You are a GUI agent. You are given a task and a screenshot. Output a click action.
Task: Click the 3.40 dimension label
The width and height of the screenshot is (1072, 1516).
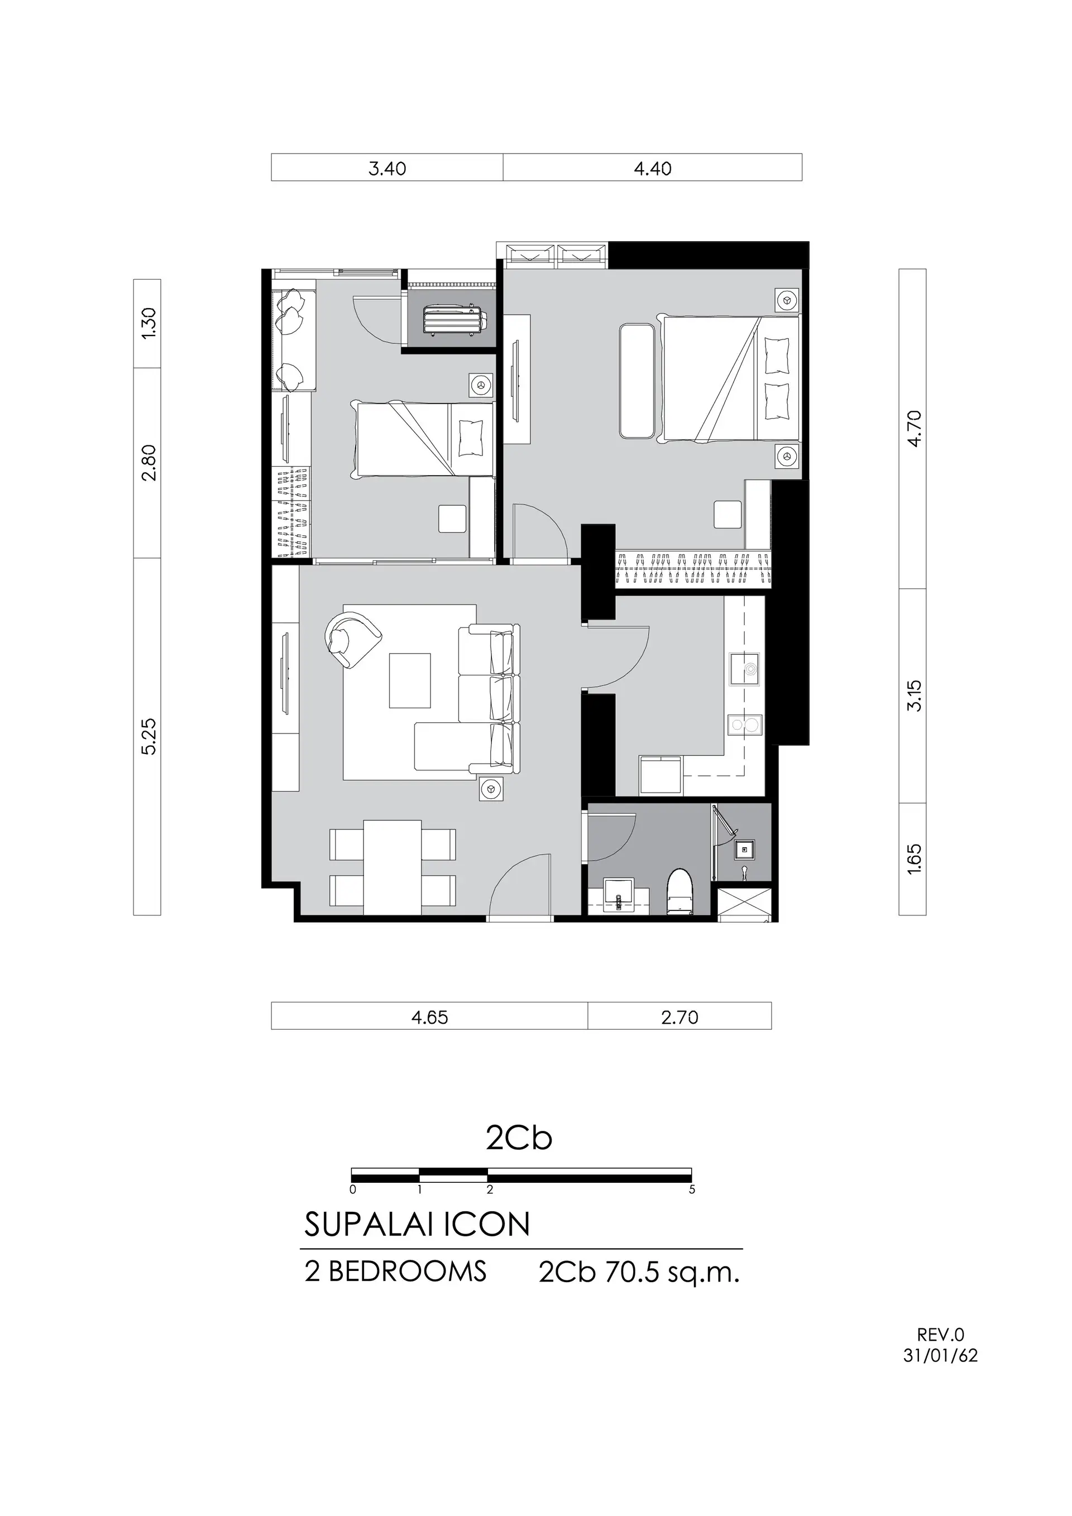[x=387, y=169]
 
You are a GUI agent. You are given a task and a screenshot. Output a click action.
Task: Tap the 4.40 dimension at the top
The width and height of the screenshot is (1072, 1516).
[x=653, y=169]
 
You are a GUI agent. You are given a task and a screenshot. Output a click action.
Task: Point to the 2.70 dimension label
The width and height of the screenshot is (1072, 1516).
[x=679, y=1018]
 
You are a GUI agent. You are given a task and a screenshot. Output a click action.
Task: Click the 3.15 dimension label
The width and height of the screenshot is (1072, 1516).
[x=914, y=696]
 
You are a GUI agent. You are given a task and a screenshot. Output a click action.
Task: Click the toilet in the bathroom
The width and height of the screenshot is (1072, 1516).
[x=680, y=892]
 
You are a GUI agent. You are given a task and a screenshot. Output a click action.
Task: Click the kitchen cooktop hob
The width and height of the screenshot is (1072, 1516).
[x=744, y=725]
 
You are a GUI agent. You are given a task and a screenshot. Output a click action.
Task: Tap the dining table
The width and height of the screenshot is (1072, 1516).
[x=393, y=867]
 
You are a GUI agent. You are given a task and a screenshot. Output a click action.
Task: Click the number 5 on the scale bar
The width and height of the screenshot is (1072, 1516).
[x=692, y=1190]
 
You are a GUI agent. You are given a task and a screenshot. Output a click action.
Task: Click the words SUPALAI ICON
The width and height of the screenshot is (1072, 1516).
[x=417, y=1225]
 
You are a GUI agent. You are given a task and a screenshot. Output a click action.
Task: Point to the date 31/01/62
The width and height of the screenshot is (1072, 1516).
[x=941, y=1356]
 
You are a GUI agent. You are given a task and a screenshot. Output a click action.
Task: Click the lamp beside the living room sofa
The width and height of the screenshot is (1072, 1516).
[x=491, y=788]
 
